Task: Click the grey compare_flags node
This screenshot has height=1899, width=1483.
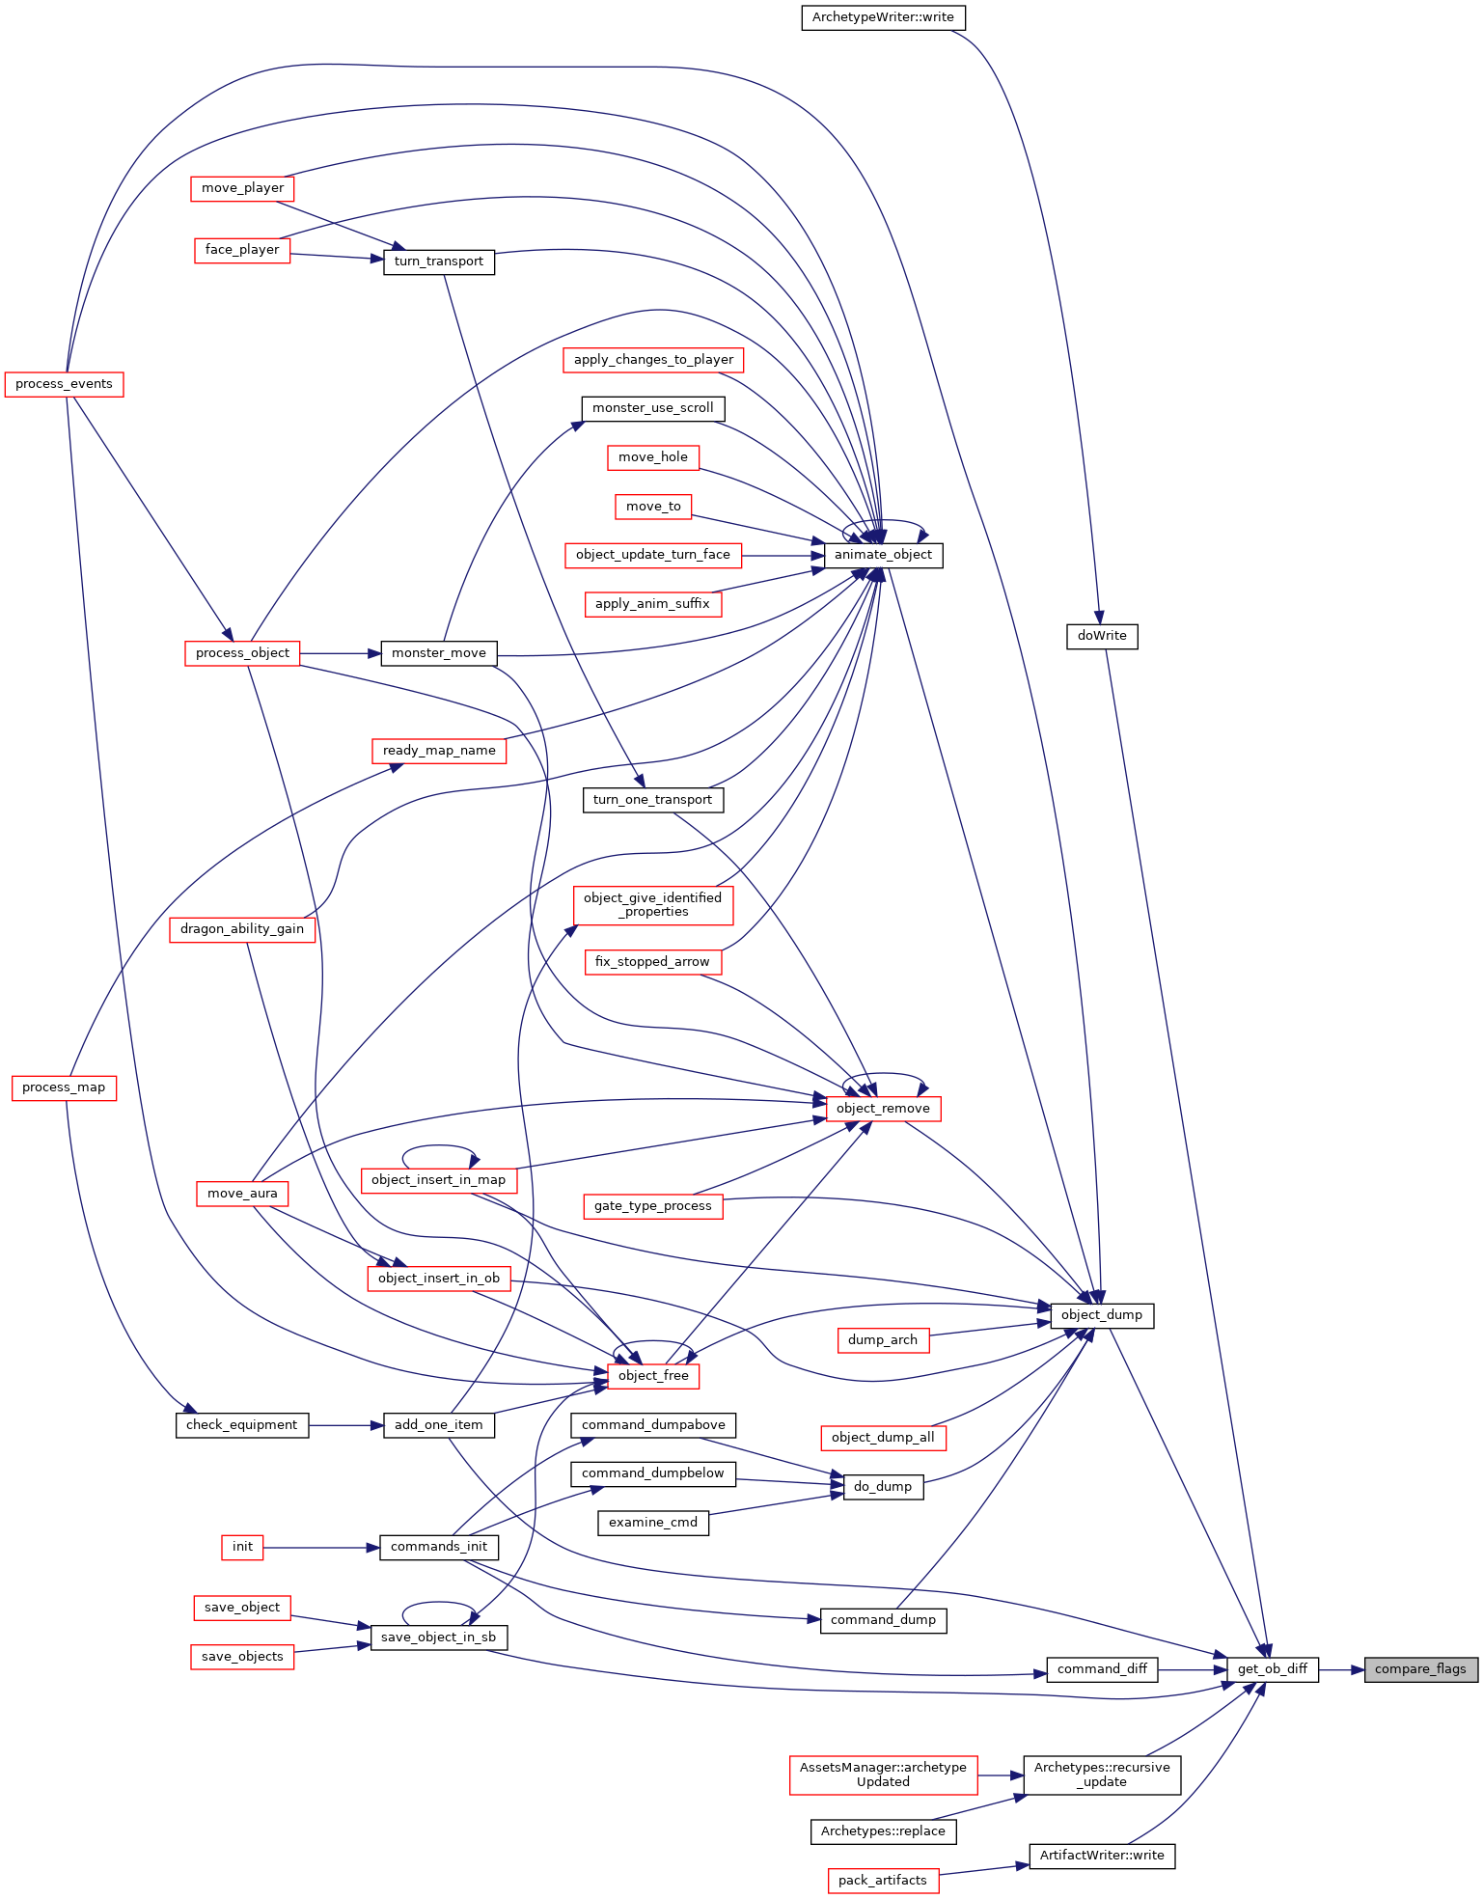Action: pyautogui.click(x=1420, y=1669)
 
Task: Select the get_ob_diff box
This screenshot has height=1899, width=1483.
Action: pyautogui.click(x=1273, y=1669)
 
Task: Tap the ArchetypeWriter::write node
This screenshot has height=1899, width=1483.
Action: pyautogui.click(x=883, y=17)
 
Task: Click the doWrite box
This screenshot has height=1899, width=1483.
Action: pyautogui.click(x=1102, y=636)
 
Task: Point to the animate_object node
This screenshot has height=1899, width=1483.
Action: pyautogui.click(x=883, y=555)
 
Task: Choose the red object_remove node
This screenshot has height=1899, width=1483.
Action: pyautogui.click(x=883, y=1109)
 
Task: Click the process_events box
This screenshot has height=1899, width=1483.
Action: pyautogui.click(x=64, y=384)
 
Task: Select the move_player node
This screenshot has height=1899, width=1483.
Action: pyautogui.click(x=242, y=188)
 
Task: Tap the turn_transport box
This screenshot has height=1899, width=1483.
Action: pyautogui.click(x=439, y=261)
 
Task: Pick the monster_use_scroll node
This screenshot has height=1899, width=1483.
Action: pyautogui.click(x=653, y=408)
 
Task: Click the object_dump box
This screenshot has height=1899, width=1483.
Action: pyautogui.click(x=1102, y=1315)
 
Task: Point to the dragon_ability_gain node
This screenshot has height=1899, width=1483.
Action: pyautogui.click(x=242, y=929)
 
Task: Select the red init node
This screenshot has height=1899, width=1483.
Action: pyautogui.click(x=242, y=1547)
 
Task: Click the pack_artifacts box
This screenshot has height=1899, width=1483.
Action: pyautogui.click(x=883, y=1881)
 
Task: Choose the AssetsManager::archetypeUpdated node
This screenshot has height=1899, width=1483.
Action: pyautogui.click(x=883, y=1775)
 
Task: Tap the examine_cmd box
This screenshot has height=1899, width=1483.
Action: pyautogui.click(x=653, y=1523)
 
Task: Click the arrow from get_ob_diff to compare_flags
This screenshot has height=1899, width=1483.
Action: pyautogui.click(x=1341, y=1669)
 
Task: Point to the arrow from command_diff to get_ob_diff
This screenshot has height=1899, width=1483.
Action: pyautogui.click(x=1193, y=1669)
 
